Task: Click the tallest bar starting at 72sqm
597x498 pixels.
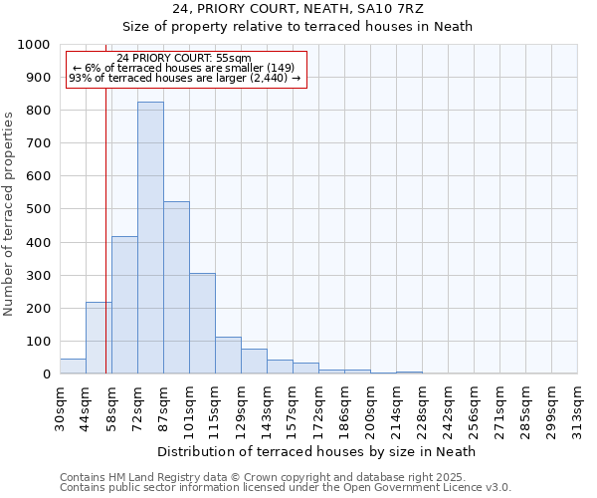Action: click(150, 239)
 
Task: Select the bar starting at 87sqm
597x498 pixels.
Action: click(176, 289)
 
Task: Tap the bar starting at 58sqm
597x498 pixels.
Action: click(124, 306)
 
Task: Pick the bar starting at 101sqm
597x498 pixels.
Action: click(202, 324)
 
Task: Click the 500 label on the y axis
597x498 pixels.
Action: click(40, 209)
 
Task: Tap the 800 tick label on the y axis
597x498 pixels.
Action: click(40, 111)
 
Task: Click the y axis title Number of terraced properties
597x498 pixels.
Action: click(9, 213)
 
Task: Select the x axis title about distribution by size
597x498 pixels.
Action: click(317, 451)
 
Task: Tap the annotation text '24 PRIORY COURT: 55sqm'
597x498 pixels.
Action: click(184, 59)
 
